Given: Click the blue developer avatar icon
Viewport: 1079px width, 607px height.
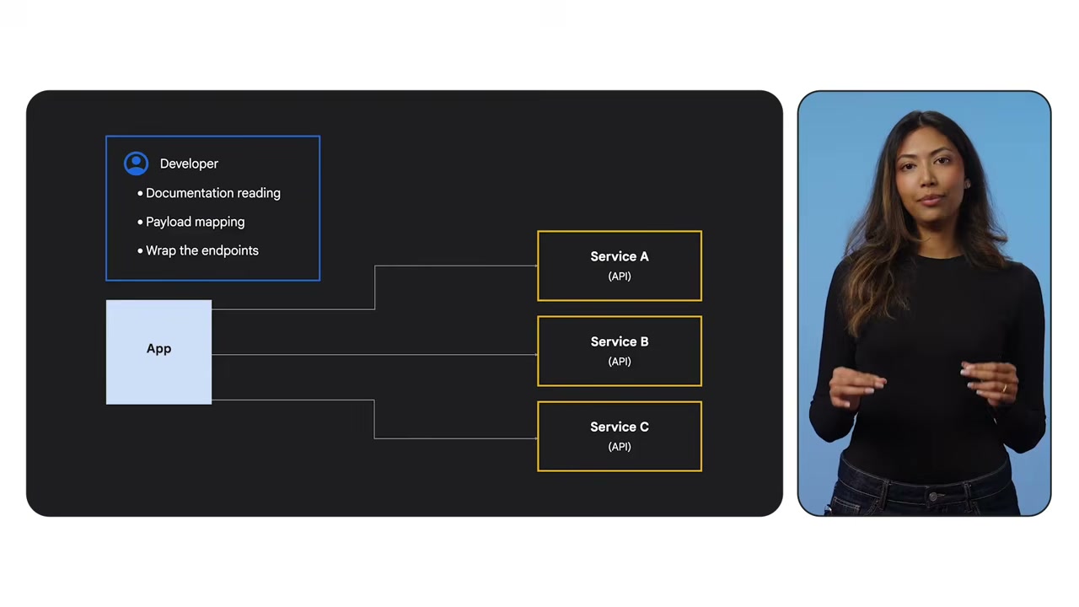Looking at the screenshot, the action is click(136, 164).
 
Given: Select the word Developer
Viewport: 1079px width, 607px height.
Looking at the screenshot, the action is click(189, 164).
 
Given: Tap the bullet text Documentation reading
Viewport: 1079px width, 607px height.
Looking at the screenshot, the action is click(213, 193).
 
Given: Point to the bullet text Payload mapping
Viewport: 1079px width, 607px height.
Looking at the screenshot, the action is click(195, 222).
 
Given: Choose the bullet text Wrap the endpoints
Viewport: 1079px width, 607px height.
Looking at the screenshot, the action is click(201, 250).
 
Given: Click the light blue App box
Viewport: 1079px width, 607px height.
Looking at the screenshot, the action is click(159, 352).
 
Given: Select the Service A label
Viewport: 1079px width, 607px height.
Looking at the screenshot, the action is click(620, 256).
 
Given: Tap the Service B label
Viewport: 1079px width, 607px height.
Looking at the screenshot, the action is click(620, 341).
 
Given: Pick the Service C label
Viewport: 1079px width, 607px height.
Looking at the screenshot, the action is click(620, 427).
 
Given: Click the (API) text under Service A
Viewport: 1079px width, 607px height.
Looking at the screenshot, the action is click(620, 276).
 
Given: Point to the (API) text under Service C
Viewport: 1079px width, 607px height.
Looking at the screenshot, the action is click(620, 447).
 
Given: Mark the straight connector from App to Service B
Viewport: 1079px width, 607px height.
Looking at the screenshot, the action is click(375, 355).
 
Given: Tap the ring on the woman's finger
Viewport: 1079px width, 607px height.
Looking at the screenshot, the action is click(1004, 389).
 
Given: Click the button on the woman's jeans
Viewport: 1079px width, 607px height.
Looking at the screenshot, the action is click(933, 496).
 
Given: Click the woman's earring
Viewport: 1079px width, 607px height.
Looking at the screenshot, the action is click(968, 184).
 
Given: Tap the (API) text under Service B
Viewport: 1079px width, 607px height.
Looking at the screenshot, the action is click(620, 362).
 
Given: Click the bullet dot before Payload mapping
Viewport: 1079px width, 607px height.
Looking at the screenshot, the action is click(140, 222).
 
